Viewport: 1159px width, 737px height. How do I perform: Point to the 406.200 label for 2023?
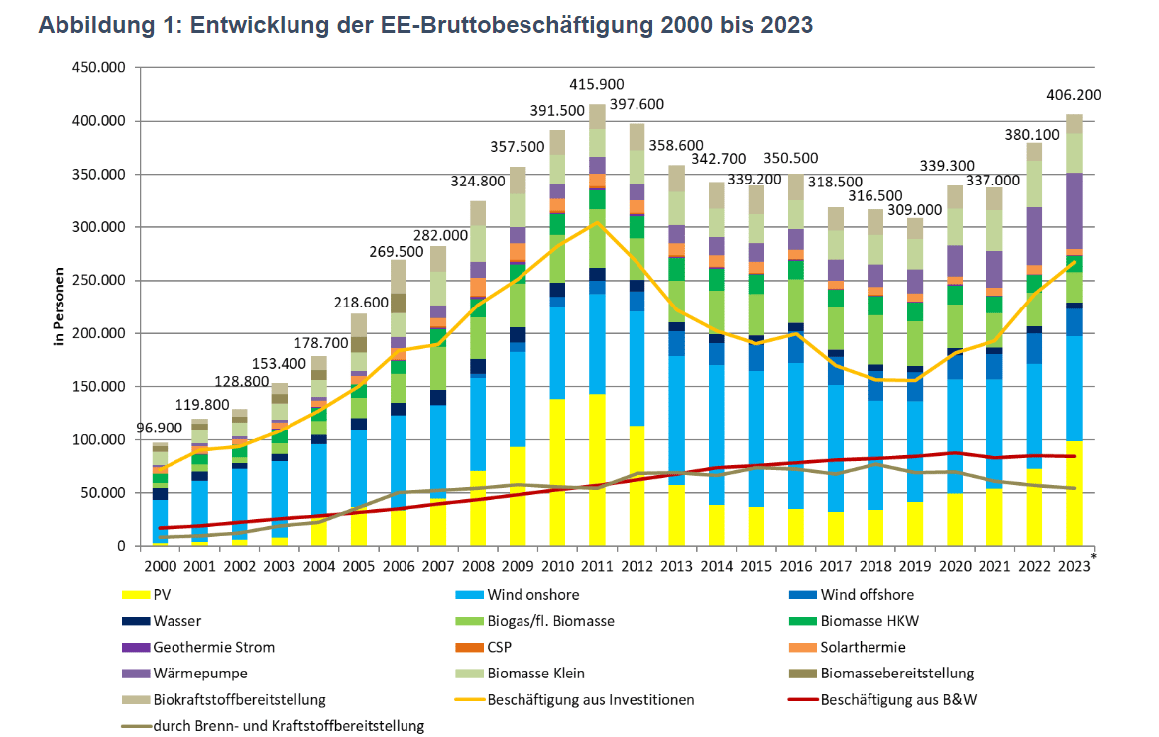[1074, 96]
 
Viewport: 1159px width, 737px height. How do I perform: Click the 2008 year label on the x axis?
[479, 566]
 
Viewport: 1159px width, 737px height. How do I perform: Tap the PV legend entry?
[164, 595]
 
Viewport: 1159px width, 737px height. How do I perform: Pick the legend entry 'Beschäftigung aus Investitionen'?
[591, 699]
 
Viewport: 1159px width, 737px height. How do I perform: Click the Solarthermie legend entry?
[862, 647]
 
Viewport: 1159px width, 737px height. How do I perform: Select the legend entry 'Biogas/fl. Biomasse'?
[550, 621]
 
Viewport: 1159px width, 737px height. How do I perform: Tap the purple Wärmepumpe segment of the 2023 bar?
[1074, 210]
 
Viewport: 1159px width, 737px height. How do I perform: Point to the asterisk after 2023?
[1094, 558]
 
